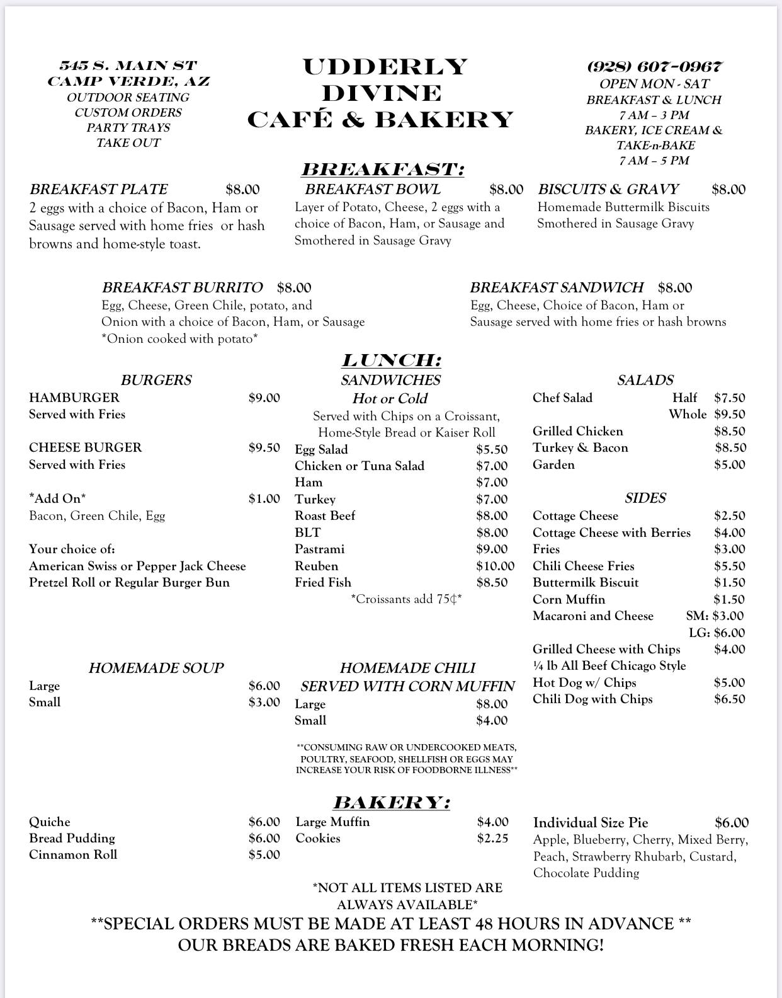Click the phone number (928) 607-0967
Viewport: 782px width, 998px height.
point(654,67)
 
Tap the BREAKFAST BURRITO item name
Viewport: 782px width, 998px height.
point(182,287)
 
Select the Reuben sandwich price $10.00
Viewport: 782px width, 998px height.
point(495,566)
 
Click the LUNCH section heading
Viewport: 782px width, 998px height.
point(391,360)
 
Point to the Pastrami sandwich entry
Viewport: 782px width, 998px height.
point(320,549)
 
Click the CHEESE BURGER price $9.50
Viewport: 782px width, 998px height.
point(264,447)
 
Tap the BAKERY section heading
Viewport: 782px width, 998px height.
point(391,803)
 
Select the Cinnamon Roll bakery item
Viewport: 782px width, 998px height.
point(73,855)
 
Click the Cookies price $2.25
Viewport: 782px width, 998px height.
point(492,839)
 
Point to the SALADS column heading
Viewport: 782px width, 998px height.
point(645,380)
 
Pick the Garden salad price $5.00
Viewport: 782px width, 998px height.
point(730,464)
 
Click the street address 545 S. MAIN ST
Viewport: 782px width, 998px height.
point(128,66)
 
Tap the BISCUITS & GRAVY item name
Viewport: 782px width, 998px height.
point(608,189)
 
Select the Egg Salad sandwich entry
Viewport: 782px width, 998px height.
point(321,449)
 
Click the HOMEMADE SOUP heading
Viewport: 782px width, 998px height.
point(156,668)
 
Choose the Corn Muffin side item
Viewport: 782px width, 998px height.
point(569,599)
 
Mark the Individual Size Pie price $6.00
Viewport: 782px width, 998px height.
point(732,822)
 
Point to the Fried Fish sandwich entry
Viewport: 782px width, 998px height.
point(323,582)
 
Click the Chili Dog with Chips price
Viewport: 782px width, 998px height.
point(729,699)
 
